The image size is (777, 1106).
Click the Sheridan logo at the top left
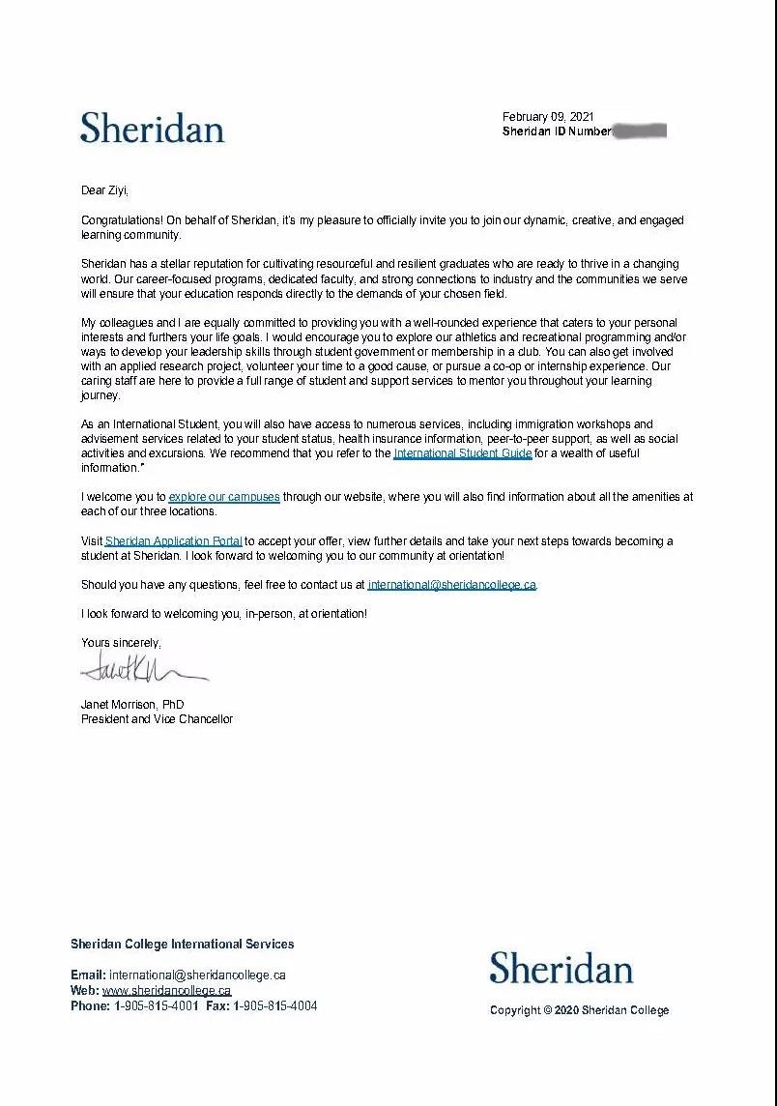pyautogui.click(x=152, y=128)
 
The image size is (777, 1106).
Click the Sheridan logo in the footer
pyautogui.click(x=561, y=968)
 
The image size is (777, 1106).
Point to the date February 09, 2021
pyautogui.click(x=548, y=117)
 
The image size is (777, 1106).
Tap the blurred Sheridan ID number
pyautogui.click(x=640, y=131)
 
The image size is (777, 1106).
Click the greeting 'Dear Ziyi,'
pyautogui.click(x=104, y=190)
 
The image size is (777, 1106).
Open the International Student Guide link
pyautogui.click(x=463, y=453)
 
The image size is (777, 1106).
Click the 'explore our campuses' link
pyautogui.click(x=224, y=497)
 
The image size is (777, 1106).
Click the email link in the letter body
pyautogui.click(x=451, y=585)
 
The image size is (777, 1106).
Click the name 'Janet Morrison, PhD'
pyautogui.click(x=132, y=705)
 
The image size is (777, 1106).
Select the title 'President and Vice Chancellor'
pyautogui.click(x=157, y=719)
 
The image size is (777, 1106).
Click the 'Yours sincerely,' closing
pyautogui.click(x=121, y=643)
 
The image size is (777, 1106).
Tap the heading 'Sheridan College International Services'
pyautogui.click(x=183, y=944)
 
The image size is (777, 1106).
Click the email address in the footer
pyautogui.click(x=197, y=975)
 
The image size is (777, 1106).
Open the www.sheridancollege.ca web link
pyautogui.click(x=166, y=990)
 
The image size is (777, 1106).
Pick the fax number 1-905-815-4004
pyautogui.click(x=274, y=1005)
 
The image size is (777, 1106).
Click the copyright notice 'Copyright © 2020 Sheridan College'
pyautogui.click(x=579, y=1010)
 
